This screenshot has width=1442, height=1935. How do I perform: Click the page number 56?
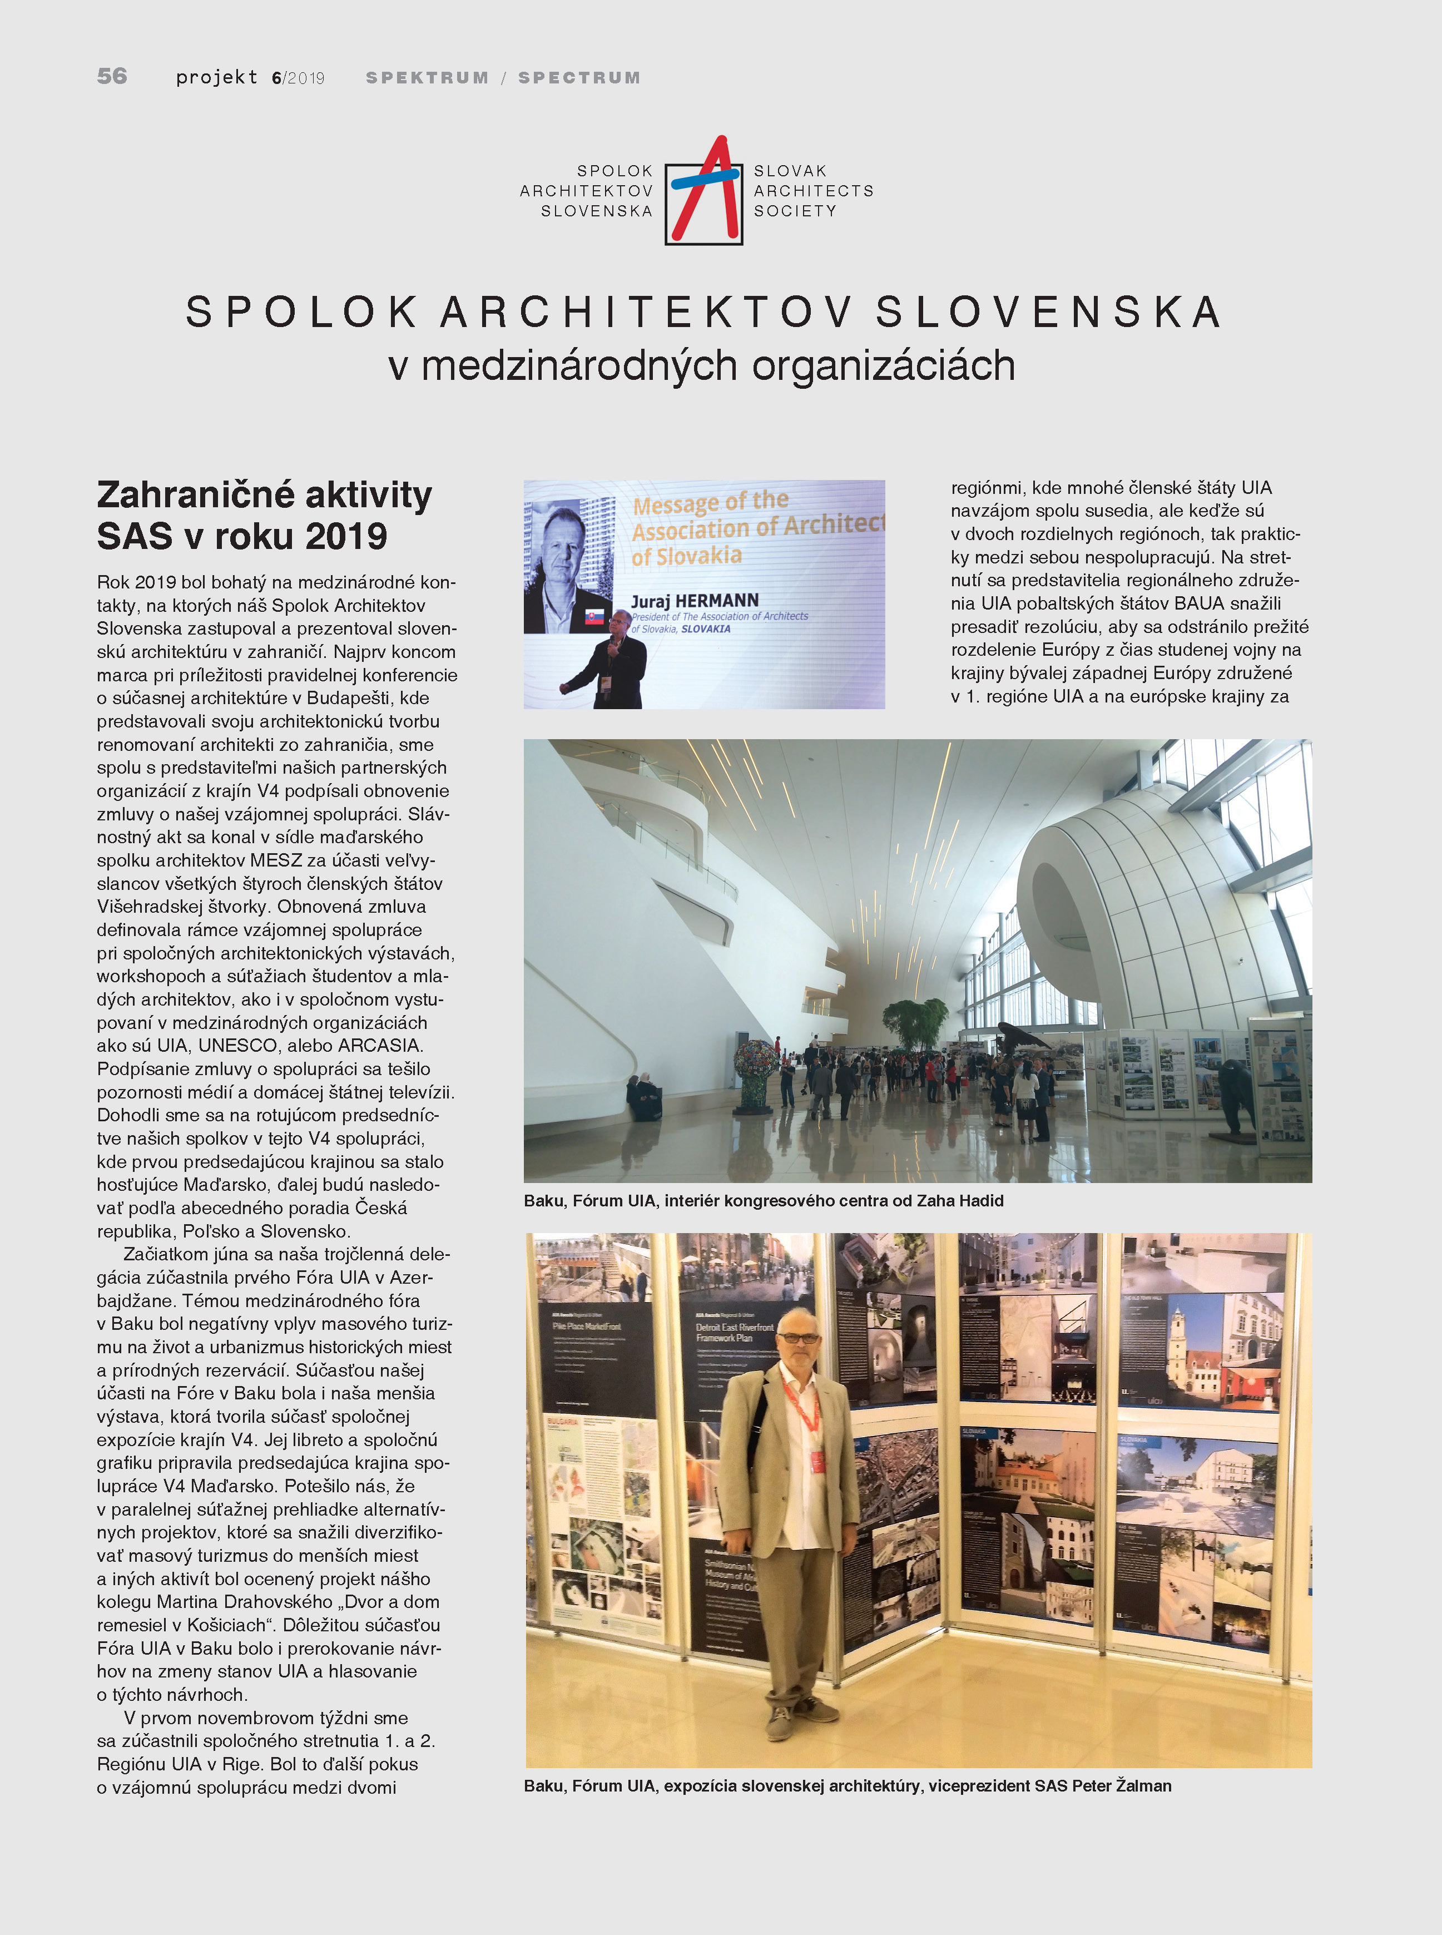(112, 77)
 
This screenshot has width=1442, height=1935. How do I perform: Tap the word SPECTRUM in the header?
(579, 78)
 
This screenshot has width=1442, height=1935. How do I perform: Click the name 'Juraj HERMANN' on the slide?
(694, 601)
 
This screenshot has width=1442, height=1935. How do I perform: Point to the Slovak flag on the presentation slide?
(594, 616)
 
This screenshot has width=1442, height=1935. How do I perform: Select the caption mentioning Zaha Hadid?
(763, 1201)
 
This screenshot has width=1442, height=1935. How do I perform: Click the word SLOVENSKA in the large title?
(1048, 313)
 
